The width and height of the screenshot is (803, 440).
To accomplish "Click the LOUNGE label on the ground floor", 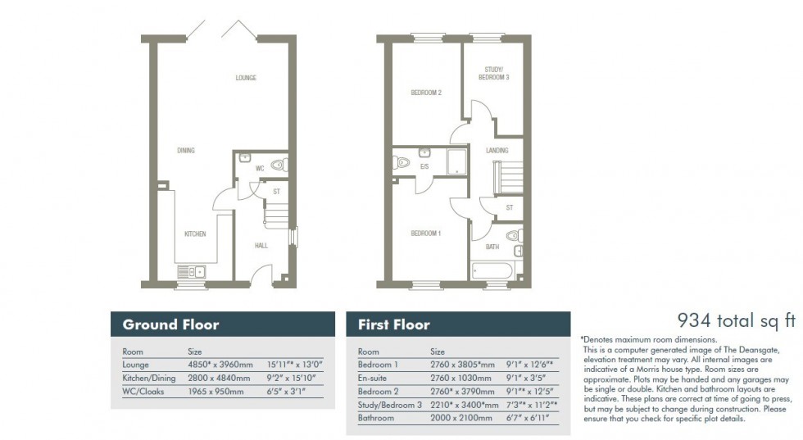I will (246, 78).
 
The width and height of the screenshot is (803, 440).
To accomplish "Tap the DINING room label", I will (186, 150).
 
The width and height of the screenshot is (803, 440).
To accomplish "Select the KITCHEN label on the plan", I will (194, 234).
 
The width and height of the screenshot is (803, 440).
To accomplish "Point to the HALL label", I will (261, 245).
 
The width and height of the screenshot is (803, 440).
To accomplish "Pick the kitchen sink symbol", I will (192, 272).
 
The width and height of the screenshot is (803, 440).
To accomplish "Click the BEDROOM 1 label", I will (426, 234).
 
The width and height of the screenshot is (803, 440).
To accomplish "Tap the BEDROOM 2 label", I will (426, 93).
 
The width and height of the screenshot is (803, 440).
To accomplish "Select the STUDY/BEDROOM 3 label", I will (494, 73).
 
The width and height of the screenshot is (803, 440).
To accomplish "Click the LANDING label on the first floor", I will (497, 150).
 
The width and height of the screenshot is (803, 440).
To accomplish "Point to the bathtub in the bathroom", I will (492, 271).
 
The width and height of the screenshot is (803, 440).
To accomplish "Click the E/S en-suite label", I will (424, 166).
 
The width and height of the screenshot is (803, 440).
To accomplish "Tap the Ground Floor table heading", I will (170, 324).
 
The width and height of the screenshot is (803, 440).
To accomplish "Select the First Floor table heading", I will (393, 324).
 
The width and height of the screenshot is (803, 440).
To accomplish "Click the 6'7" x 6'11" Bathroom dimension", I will (529, 417).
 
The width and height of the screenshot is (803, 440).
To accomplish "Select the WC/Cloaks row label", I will (143, 391).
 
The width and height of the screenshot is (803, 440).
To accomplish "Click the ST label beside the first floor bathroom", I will (510, 208).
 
